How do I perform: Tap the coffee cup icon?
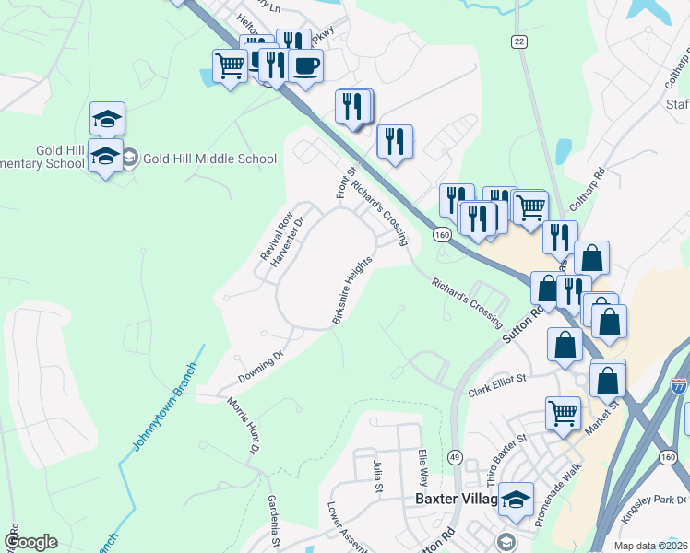[305, 66]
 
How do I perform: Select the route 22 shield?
[519, 41]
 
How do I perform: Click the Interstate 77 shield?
[679, 386]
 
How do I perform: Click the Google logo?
[30, 542]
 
